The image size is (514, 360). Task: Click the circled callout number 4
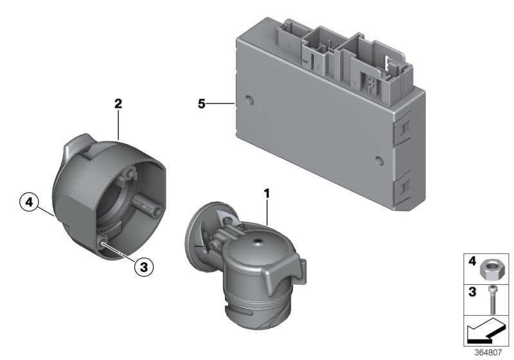29,202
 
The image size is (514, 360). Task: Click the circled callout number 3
144,267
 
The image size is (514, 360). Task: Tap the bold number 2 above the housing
118,104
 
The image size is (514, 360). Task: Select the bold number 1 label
267,194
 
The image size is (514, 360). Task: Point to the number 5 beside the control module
201,104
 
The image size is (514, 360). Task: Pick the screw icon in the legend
492,300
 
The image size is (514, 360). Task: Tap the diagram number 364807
488,352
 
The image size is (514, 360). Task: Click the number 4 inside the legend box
472,261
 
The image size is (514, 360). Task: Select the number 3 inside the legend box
472,291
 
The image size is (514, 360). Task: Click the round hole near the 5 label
249,100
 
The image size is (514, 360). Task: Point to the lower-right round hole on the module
379,160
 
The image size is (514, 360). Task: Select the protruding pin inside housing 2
148,206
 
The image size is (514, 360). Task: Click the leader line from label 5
220,104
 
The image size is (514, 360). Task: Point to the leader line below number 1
268,212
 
